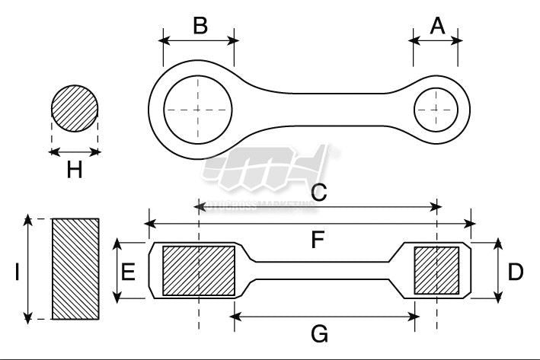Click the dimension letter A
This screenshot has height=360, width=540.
pos(436,26)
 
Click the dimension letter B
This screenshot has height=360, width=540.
pos(200,25)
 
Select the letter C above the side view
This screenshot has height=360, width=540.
pos(318,192)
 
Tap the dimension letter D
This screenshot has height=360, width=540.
pos(516,271)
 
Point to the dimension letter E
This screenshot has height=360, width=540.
pos(129,271)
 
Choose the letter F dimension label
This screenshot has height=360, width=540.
pos(318,241)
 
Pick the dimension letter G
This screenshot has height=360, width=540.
pos(320,333)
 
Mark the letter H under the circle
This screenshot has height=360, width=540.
pos(74,170)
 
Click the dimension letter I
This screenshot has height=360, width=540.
pos(17,272)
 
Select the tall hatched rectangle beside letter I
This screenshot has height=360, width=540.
pos(75,269)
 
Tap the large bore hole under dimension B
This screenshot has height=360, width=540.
pos(198,110)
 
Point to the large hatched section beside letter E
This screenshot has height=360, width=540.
pos(199,271)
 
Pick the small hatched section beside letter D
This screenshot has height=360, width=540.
pos(436,271)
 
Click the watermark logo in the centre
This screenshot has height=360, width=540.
pos(267,171)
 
